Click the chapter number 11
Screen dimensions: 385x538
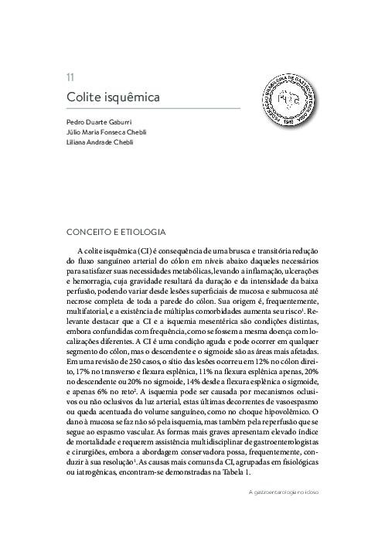(x=70, y=77)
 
